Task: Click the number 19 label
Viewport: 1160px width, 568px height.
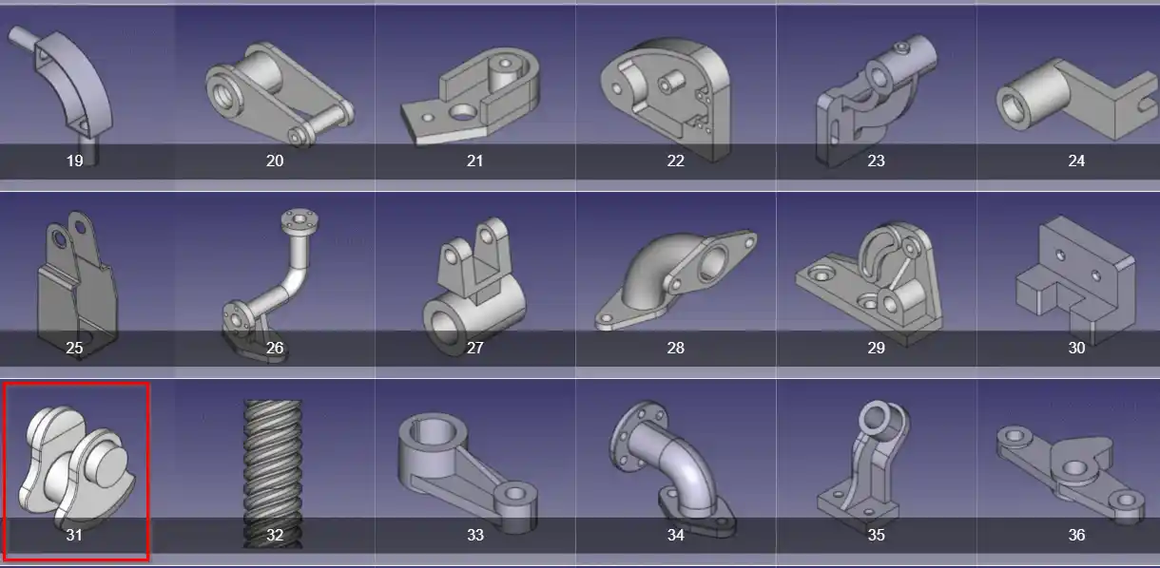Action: tap(74, 161)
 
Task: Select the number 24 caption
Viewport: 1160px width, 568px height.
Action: tap(1076, 161)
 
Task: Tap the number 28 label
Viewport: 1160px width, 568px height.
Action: tap(675, 348)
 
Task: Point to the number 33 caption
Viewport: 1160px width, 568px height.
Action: tap(474, 535)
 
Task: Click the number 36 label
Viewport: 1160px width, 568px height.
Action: tap(1076, 535)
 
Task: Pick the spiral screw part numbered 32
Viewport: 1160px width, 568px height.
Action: tap(273, 473)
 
